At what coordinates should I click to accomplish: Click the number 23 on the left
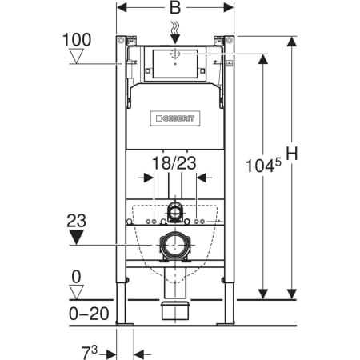pyautogui.click(x=78, y=218)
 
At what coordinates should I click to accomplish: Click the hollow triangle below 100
pyautogui.click(x=78, y=56)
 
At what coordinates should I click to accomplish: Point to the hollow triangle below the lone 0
pyautogui.click(x=77, y=291)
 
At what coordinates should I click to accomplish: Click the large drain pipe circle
pyautogui.click(x=175, y=245)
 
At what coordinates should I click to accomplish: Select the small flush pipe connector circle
pyautogui.click(x=175, y=212)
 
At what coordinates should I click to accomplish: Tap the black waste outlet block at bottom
pyautogui.click(x=175, y=310)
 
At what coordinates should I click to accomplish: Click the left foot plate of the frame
pyautogui.click(x=124, y=323)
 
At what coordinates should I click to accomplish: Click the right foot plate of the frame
pyautogui.click(x=228, y=323)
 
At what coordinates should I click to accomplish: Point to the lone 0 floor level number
pyautogui.click(x=77, y=276)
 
